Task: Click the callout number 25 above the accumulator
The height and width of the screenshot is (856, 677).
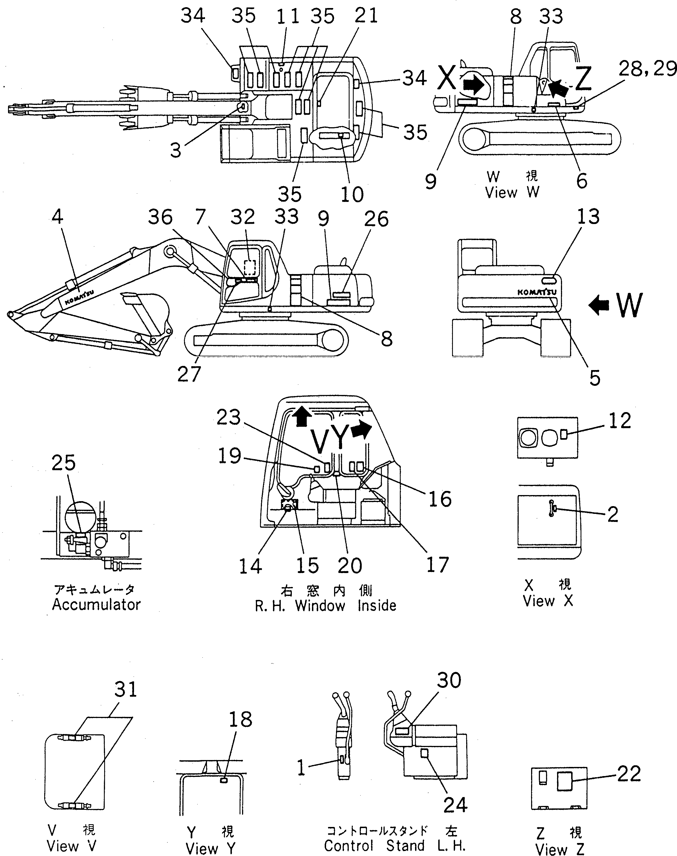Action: click(x=64, y=463)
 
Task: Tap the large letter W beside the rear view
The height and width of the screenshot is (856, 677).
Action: click(x=629, y=305)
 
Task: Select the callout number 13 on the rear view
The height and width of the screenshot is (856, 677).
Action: click(x=588, y=217)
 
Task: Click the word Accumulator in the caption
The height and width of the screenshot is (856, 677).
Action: click(x=96, y=605)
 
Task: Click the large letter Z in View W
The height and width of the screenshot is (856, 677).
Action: click(x=583, y=79)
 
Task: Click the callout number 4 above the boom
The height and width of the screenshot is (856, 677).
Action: click(x=57, y=217)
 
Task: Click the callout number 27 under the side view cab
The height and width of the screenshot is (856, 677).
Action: click(x=189, y=374)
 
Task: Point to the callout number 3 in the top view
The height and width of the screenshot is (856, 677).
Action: click(x=175, y=150)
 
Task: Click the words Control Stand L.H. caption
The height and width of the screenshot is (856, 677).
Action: click(x=394, y=846)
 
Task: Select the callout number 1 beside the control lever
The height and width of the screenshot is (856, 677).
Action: click(x=301, y=768)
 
